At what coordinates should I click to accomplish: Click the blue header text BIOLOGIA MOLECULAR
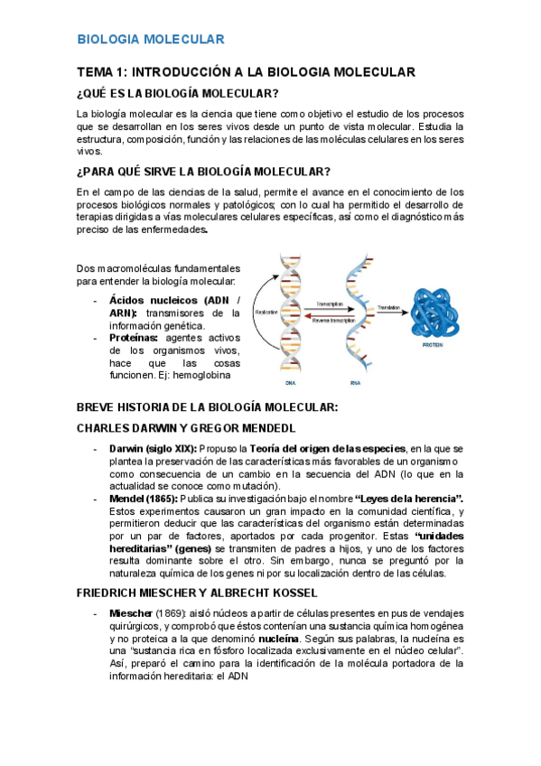pyautogui.click(x=150, y=39)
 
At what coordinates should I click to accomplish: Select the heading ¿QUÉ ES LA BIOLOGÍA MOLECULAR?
pyautogui.click(x=178, y=94)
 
